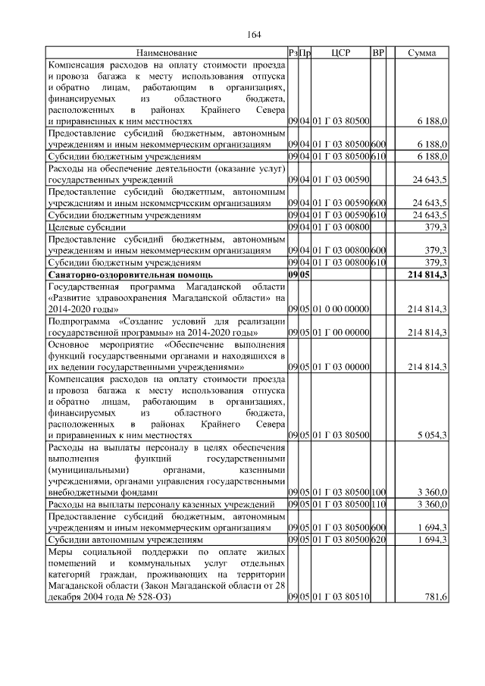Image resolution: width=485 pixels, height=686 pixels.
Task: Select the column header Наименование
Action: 167,53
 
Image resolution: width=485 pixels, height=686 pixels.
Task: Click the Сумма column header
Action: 421,53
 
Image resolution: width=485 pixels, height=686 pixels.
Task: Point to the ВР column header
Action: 378,53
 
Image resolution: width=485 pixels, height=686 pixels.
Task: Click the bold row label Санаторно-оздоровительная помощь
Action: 130,274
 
